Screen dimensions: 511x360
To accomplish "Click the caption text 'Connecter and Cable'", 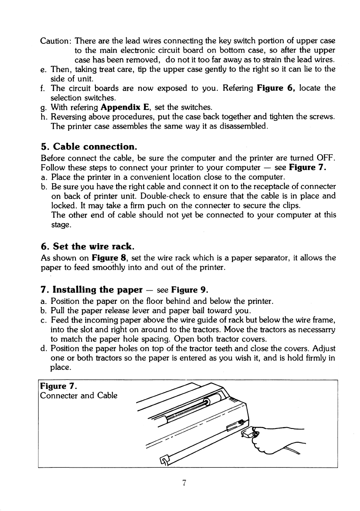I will pyautogui.click(x=79, y=396).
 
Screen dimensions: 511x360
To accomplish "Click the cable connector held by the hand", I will pyautogui.click(x=252, y=432).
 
